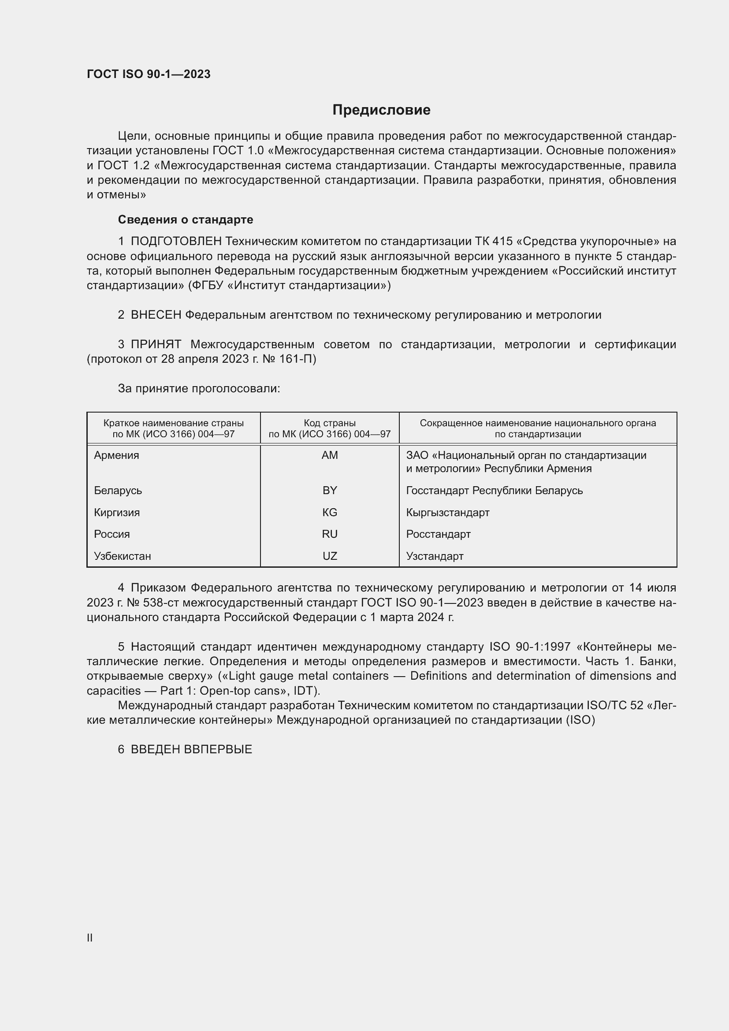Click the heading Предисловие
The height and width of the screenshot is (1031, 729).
tap(381, 110)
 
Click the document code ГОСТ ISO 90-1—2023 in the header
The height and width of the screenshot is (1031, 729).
tap(149, 74)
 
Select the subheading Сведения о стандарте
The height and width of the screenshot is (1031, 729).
tap(186, 220)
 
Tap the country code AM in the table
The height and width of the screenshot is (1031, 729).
tap(330, 455)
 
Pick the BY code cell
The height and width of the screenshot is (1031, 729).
tap(330, 490)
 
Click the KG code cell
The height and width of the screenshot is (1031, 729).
tap(330, 512)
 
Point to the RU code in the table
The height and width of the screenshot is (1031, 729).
tap(330, 534)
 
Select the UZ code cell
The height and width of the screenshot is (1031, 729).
tap(330, 556)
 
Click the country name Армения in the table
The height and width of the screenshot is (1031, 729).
tap(117, 455)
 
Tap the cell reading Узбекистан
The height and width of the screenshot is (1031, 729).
tap(123, 556)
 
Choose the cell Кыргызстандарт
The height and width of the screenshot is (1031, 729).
tap(447, 512)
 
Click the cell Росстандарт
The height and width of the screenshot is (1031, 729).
tap(438, 534)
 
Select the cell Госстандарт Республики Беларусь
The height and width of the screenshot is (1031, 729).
tap(494, 490)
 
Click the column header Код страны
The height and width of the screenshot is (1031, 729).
tap(330, 423)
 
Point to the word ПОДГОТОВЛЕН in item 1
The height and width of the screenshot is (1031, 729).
tap(176, 242)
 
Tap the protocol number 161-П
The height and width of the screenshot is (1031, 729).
tap(299, 359)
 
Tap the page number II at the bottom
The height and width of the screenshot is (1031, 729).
tap(90, 938)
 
